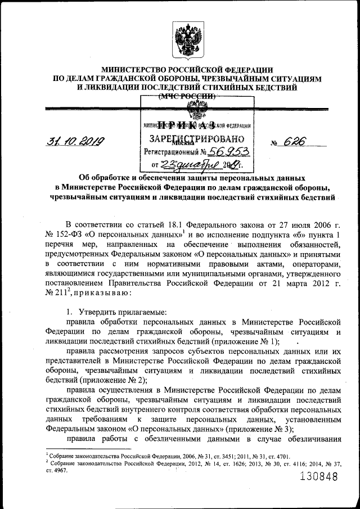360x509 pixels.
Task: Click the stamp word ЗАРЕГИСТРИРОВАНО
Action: pos(196,138)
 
